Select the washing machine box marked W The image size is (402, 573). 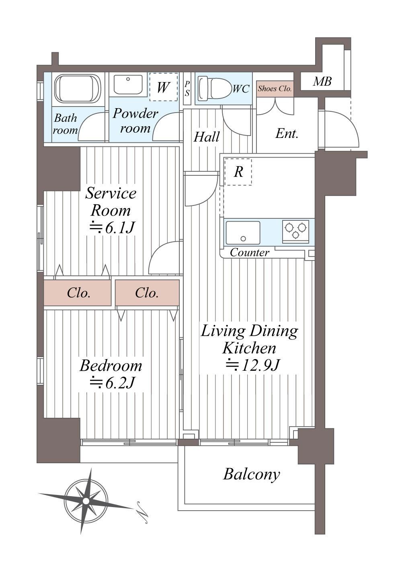(x=163, y=87)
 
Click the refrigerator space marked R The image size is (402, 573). (x=238, y=172)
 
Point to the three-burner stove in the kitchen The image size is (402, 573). (x=295, y=231)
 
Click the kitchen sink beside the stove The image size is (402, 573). (x=243, y=233)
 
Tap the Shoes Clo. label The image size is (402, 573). (x=275, y=88)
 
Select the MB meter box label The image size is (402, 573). (x=322, y=81)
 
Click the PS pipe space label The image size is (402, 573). (x=187, y=88)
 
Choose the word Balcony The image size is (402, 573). (x=251, y=475)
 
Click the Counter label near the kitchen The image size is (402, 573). (x=249, y=253)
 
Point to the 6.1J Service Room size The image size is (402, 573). (x=112, y=227)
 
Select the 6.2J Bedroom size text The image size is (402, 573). (x=112, y=383)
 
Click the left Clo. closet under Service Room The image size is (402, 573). (x=78, y=293)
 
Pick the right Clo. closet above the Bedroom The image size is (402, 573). (x=147, y=293)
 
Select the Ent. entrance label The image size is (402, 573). (x=287, y=134)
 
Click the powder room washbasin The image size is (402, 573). (x=128, y=85)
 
